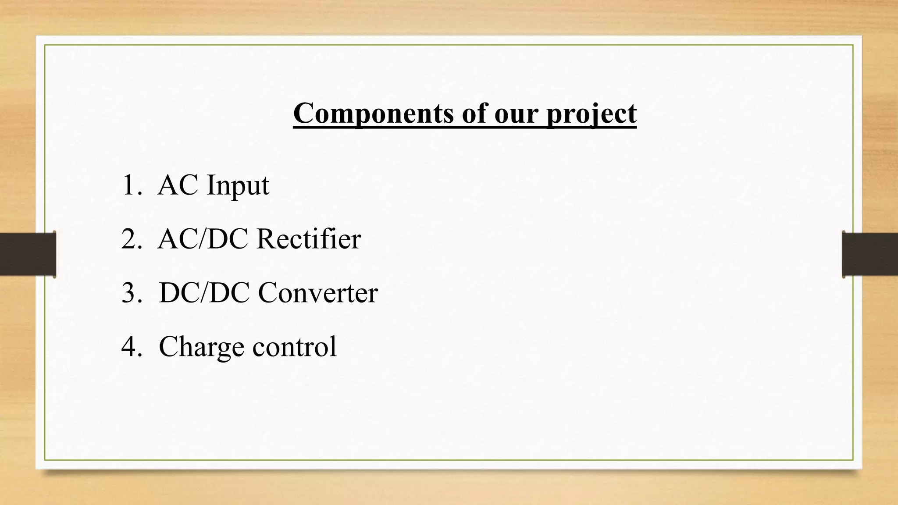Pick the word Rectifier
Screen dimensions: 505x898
(309, 239)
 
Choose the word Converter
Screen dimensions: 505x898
(318, 293)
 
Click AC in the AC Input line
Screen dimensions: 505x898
(178, 185)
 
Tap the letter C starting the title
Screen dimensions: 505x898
(303, 114)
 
